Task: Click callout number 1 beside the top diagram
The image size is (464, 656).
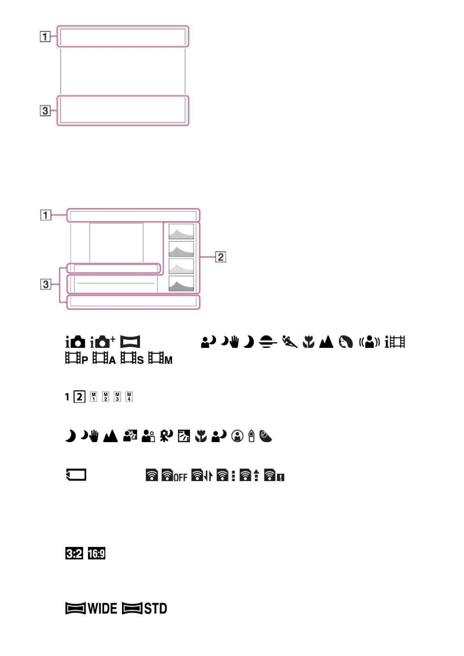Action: tap(45, 37)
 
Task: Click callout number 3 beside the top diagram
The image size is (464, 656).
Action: tap(45, 111)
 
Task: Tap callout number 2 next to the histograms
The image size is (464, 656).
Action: tap(221, 257)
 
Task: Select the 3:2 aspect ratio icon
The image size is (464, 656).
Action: tap(74, 553)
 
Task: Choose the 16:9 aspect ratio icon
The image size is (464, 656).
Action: tap(96, 553)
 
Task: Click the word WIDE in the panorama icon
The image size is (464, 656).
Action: tap(102, 608)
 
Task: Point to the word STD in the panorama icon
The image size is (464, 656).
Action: tap(156, 608)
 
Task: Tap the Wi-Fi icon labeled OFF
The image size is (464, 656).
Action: tap(174, 476)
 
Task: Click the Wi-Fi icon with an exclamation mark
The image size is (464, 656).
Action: tap(274, 476)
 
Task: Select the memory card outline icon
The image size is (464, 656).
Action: tap(76, 475)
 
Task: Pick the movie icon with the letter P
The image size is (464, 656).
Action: tap(76, 358)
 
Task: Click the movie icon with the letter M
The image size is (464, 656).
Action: tap(160, 358)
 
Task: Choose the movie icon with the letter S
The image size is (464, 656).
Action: tap(132, 358)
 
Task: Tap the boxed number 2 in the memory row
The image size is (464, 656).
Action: tap(80, 397)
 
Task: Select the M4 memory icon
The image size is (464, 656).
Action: tap(129, 397)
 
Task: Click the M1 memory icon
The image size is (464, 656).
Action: tap(94, 397)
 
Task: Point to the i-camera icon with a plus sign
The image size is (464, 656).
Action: tap(102, 342)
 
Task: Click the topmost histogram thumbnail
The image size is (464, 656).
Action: tap(181, 231)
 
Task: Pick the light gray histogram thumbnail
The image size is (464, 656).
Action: tap(181, 266)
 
